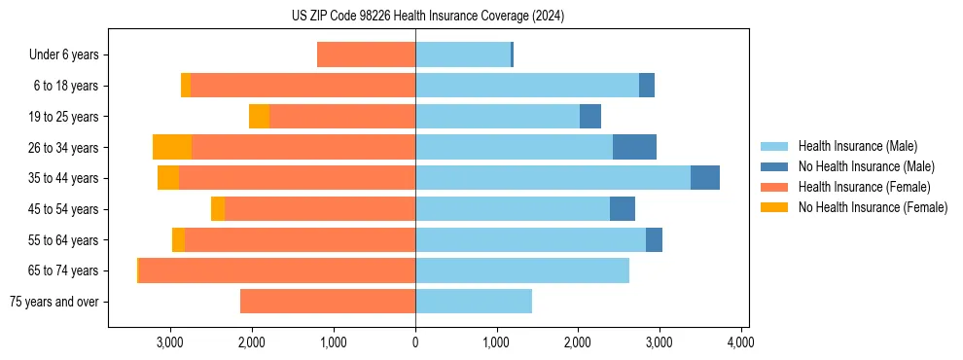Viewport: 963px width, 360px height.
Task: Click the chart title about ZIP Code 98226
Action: (x=427, y=17)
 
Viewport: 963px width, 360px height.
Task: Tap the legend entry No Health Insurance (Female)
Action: (x=872, y=207)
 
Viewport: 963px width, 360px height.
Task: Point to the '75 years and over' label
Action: (x=53, y=302)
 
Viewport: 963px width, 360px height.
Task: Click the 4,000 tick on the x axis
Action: (x=741, y=342)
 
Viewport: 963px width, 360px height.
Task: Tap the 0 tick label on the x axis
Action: (x=415, y=342)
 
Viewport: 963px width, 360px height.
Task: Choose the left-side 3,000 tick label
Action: (x=170, y=342)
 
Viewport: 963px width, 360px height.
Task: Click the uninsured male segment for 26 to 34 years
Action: (x=634, y=147)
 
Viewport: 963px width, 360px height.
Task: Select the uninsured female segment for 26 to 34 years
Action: (x=172, y=147)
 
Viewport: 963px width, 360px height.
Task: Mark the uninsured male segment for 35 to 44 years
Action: (x=705, y=178)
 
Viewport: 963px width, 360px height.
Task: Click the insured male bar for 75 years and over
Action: (x=474, y=302)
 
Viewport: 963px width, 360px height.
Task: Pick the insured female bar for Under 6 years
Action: (x=366, y=55)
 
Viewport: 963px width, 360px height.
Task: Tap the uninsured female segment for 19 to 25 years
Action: (x=259, y=117)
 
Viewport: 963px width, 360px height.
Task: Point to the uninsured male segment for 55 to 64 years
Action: (x=654, y=239)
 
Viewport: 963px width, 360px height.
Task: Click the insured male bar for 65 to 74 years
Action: (x=522, y=270)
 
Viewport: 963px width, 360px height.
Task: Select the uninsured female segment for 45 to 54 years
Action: (x=218, y=209)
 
